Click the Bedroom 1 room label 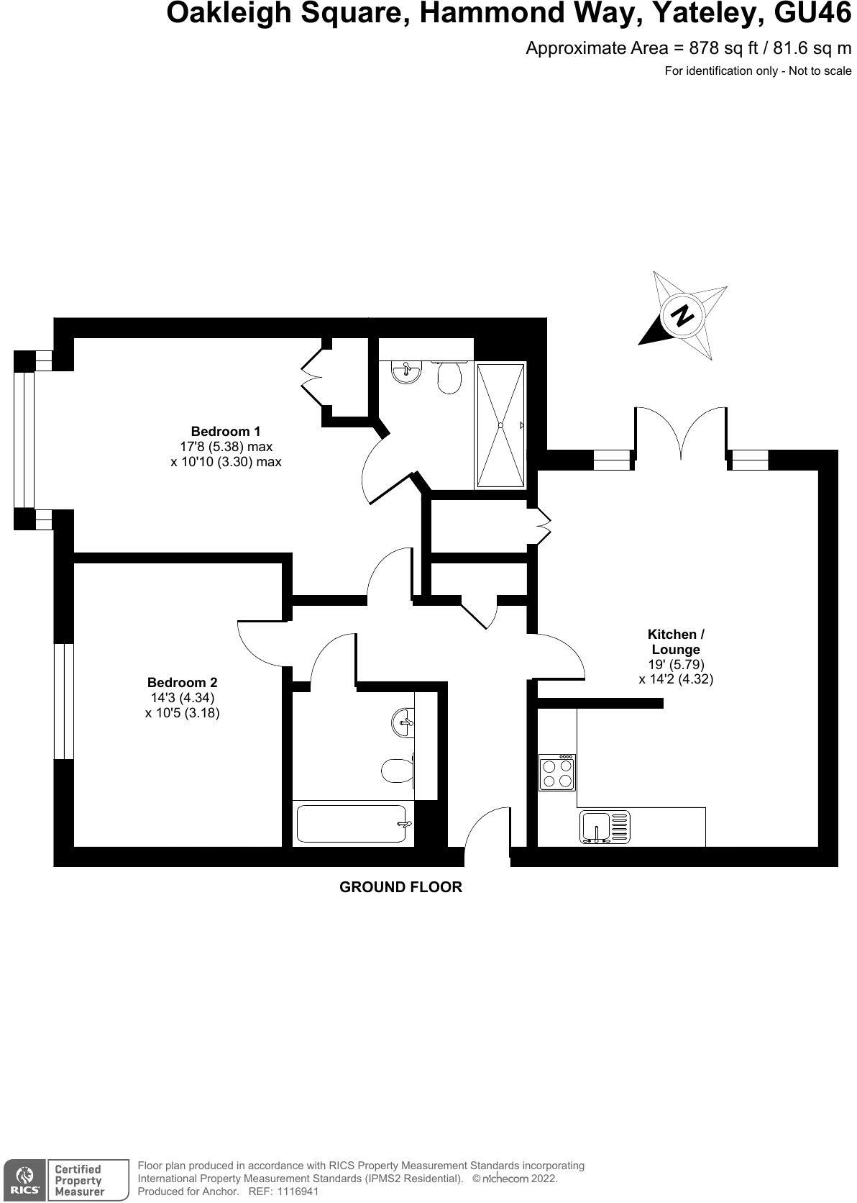[x=225, y=432]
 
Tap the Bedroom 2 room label [x=182, y=682]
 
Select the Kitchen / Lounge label [x=676, y=642]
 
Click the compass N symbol [x=682, y=315]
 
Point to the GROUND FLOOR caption [x=400, y=887]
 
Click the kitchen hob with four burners [x=557, y=773]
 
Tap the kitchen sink [x=604, y=827]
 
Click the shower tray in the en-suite [x=500, y=425]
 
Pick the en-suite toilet [x=450, y=377]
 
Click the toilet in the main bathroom [x=397, y=771]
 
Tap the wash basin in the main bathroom [x=404, y=720]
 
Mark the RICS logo [x=24, y=1180]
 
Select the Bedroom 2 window [x=64, y=701]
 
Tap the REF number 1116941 [x=293, y=1191]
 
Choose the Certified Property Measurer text [x=80, y=1180]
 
